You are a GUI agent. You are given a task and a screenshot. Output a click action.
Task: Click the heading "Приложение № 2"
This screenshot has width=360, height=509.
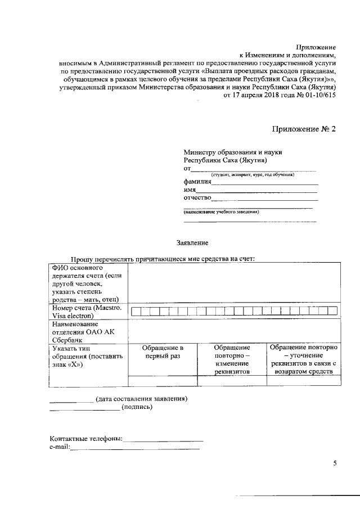coord(303,129)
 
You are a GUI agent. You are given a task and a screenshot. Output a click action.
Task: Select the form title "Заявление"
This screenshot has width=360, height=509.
coord(192,243)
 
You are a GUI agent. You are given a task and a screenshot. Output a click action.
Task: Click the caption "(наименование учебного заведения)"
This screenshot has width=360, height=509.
coord(221,212)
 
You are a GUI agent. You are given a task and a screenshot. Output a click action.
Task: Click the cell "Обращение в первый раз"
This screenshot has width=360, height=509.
coord(163,352)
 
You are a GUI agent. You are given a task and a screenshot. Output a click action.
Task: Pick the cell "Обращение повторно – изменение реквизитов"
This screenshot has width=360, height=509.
coord(232,360)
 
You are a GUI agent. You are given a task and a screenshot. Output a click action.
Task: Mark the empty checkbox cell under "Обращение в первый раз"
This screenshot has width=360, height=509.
coord(163,381)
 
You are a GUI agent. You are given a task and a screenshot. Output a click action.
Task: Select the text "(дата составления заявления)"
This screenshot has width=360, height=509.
coord(141,399)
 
